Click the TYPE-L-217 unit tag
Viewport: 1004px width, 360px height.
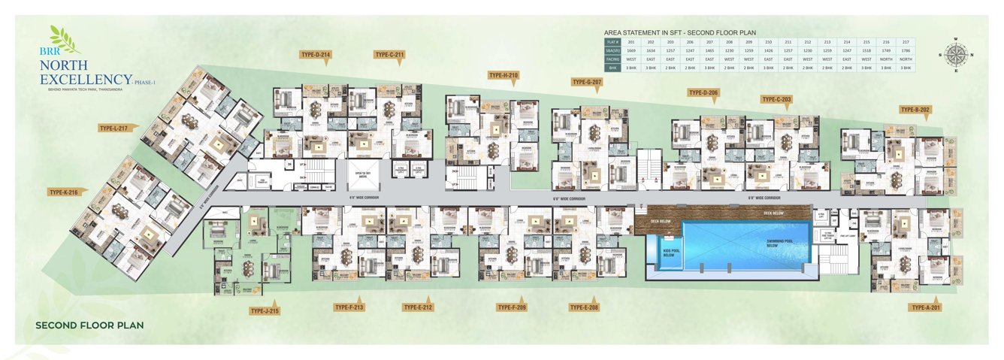tap(113, 129)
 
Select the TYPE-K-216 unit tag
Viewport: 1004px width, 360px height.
tap(65, 192)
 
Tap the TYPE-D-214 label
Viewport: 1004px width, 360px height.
tap(316, 55)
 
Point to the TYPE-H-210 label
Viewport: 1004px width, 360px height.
tap(503, 75)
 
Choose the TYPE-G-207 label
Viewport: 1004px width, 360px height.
tap(587, 81)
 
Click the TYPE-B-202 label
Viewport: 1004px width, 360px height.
tap(915, 110)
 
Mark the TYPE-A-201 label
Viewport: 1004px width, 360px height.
tap(925, 307)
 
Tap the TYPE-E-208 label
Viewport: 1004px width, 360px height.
tap(584, 307)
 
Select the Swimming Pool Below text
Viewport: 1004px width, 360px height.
tap(779, 244)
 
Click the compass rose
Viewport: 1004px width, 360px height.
tap(957, 55)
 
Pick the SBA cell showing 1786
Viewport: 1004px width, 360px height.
tap(906, 50)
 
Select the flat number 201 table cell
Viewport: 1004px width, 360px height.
tap(631, 42)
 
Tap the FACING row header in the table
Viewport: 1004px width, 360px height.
tap(612, 59)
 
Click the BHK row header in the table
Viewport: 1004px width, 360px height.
tap(612, 68)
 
